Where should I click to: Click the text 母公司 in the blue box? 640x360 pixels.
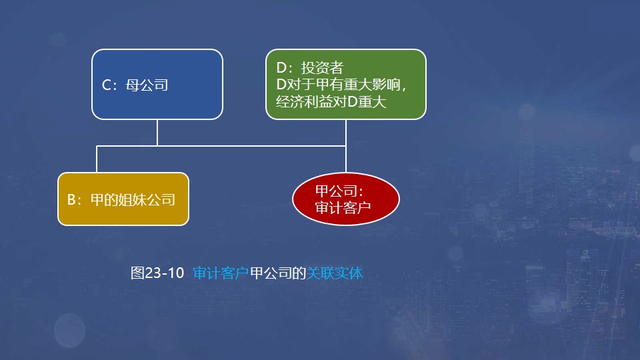(x=147, y=85)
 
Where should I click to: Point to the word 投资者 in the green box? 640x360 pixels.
(x=322, y=67)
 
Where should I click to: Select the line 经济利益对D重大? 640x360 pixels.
(x=331, y=103)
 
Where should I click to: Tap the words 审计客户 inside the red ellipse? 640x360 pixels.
(x=342, y=208)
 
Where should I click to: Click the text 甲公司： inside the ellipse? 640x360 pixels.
(x=339, y=192)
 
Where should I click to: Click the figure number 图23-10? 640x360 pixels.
(x=157, y=273)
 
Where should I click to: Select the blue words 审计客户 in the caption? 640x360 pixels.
(x=221, y=273)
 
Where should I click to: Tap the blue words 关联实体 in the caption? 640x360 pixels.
(x=335, y=273)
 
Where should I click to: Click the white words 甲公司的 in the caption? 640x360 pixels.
(x=278, y=273)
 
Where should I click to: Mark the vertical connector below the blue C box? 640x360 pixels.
(x=157, y=132)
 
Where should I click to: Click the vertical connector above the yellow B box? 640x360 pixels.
(x=97, y=159)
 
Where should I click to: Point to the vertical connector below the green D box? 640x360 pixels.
(x=346, y=132)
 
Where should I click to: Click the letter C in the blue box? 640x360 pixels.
(x=106, y=85)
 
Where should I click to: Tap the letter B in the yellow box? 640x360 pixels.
(x=71, y=199)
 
